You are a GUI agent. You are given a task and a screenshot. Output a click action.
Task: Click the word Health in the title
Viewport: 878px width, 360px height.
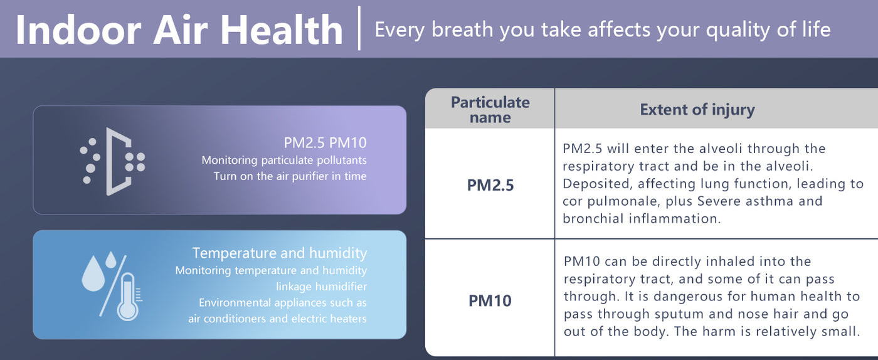[282, 30]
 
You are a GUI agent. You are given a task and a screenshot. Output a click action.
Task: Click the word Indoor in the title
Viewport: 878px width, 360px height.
[78, 30]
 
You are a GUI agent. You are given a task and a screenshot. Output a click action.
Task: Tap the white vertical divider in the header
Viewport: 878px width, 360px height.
[359, 28]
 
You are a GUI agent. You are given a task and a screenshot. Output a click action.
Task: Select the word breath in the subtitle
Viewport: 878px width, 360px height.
[463, 29]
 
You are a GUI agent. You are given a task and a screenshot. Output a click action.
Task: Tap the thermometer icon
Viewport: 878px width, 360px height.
[129, 297]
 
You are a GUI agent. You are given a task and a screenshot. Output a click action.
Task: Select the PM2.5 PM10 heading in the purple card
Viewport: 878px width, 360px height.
[325, 143]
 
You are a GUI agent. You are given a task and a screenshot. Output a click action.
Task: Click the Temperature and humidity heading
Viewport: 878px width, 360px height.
[280, 253]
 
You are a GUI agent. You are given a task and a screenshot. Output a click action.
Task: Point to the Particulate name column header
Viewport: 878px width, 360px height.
[490, 109]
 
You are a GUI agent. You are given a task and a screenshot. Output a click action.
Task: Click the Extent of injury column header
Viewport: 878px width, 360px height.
[697, 109]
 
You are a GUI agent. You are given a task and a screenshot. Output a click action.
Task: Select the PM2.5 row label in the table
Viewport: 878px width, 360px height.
[490, 185]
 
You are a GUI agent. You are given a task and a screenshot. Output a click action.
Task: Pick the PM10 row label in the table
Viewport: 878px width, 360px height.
[490, 301]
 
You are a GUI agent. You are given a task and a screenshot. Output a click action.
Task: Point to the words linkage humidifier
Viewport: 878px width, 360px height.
[321, 287]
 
